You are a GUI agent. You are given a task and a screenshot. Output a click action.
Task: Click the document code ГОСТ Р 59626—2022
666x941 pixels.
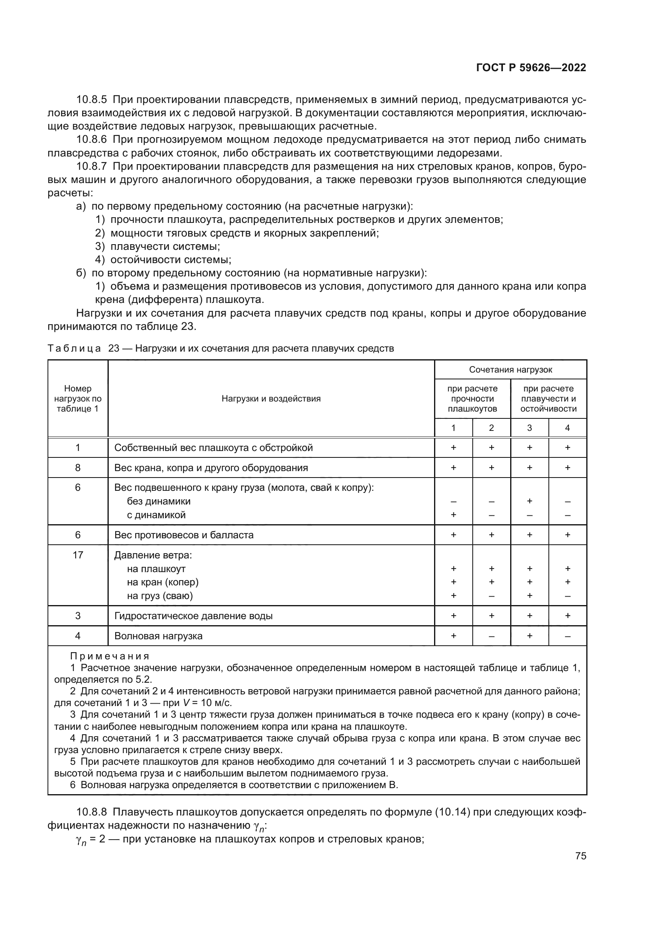[531, 68]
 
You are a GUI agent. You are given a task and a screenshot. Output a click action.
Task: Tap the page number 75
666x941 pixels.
[580, 856]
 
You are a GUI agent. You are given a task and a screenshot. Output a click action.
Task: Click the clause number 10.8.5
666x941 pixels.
[91, 100]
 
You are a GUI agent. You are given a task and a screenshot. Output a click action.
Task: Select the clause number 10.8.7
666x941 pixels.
[91, 167]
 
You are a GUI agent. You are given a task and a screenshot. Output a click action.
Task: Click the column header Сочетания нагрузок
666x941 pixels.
[510, 370]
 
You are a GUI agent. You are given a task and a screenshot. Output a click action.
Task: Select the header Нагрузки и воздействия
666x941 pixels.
[271, 398]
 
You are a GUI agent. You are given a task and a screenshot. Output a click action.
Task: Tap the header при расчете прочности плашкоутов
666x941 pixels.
[472, 398]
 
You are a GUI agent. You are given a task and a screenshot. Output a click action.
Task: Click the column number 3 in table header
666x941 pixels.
[529, 428]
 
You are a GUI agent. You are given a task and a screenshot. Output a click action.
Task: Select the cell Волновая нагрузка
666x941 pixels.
[158, 636]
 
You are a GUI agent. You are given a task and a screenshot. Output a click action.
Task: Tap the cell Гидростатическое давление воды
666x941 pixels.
[193, 616]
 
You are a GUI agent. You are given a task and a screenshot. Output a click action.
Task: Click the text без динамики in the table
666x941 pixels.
[158, 501]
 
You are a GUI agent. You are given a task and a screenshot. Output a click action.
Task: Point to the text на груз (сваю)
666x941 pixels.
[159, 595]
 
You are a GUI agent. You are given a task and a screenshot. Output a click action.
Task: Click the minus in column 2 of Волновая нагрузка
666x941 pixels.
[491, 636]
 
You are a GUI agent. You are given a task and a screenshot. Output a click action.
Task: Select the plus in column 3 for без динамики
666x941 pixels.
[529, 501]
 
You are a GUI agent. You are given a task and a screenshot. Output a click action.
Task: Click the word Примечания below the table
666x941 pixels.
[110, 656]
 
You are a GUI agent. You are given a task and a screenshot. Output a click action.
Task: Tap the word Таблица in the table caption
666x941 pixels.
[74, 348]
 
